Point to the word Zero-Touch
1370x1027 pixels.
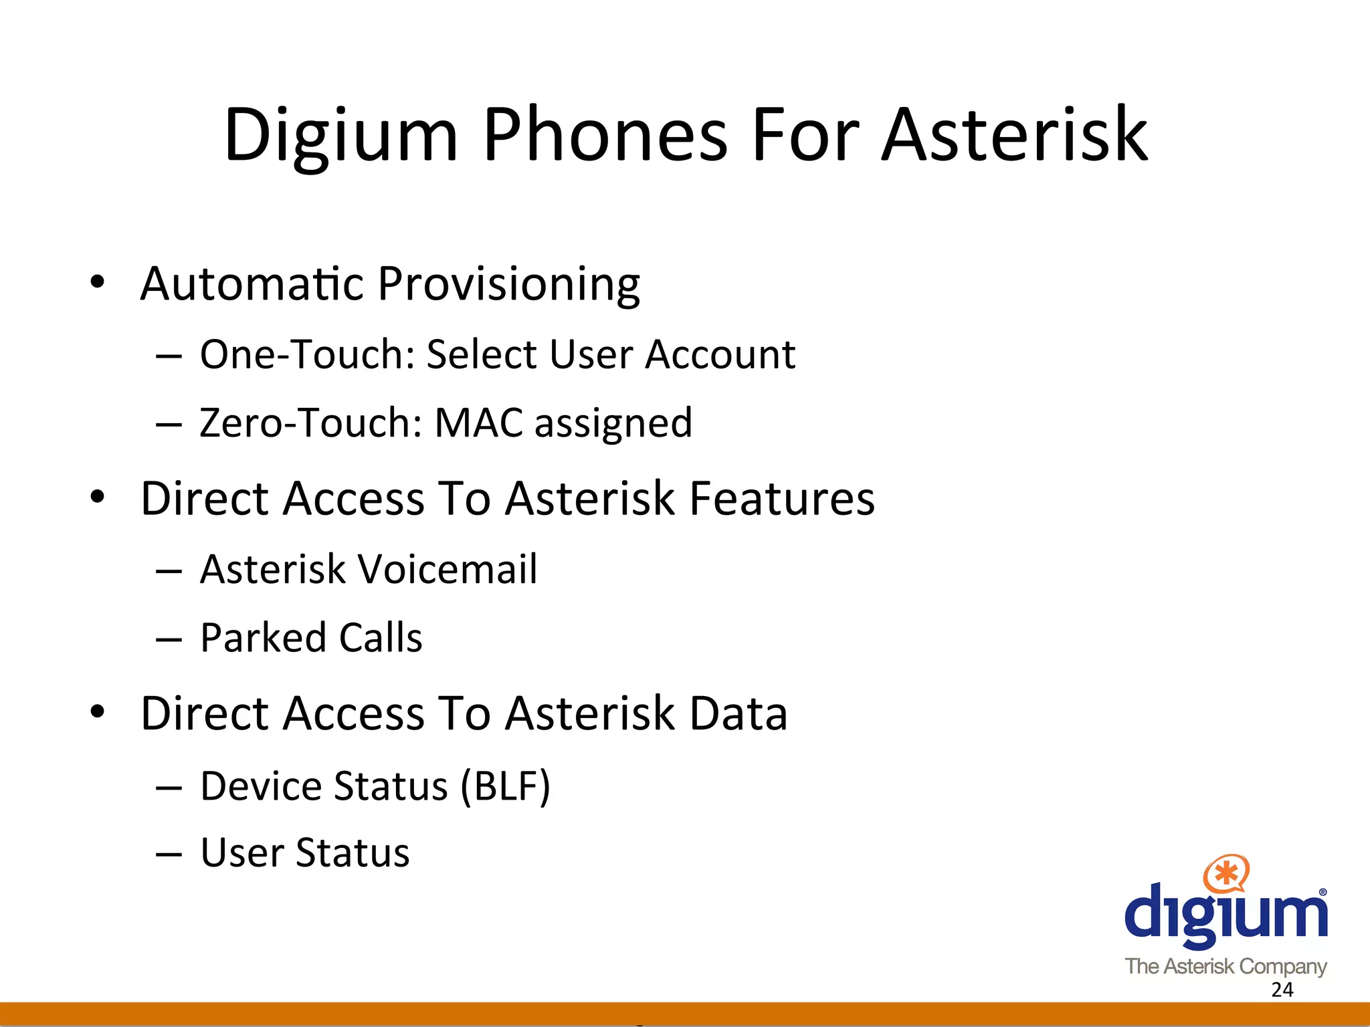310,423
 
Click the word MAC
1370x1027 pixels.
478,423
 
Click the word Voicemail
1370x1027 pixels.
448,569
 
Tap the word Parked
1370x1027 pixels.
263,637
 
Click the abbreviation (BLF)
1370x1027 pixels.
505,786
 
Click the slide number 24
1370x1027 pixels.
1282,990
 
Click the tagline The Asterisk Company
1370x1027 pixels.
1226,966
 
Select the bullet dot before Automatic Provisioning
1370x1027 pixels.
98,282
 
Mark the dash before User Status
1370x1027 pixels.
169,854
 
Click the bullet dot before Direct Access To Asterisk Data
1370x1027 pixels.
98,712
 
